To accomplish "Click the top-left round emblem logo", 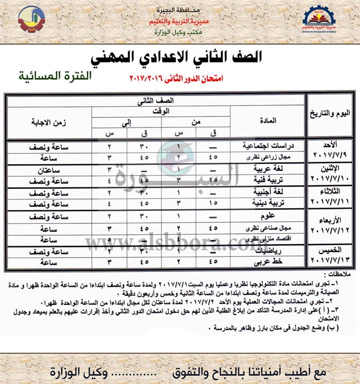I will pos(31,20).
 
